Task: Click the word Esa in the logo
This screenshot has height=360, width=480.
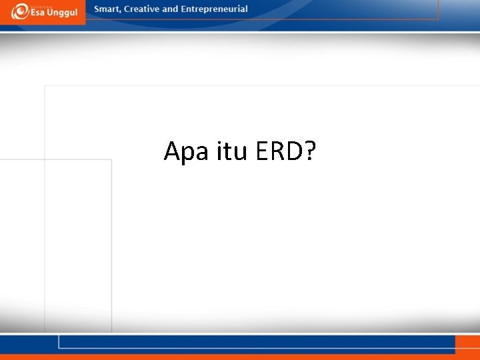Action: (39, 13)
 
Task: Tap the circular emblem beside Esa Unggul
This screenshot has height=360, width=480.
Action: (20, 12)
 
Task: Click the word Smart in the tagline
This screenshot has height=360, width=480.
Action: (107, 9)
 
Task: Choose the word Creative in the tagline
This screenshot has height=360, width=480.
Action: (141, 9)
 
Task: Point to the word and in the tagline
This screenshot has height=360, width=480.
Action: (171, 9)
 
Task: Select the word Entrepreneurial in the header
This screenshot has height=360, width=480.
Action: (215, 9)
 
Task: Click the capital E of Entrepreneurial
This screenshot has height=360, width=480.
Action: (184, 9)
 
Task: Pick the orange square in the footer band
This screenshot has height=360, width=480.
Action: (467, 344)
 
